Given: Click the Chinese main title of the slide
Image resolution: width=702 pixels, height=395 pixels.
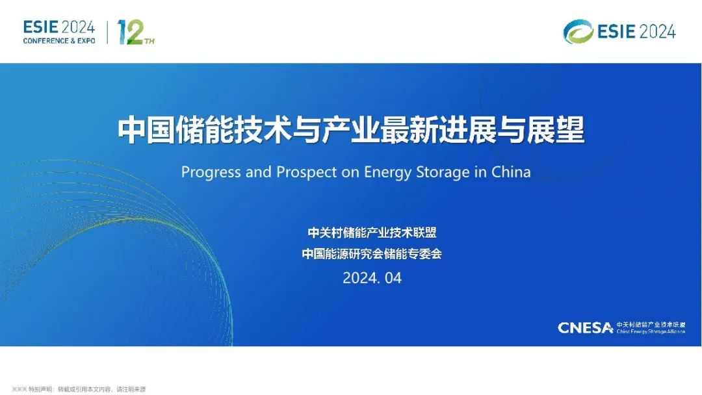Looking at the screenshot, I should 351,130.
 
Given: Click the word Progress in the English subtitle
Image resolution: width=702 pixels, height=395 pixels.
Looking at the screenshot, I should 209,172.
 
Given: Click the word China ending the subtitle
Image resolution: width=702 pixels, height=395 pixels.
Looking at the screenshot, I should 511,172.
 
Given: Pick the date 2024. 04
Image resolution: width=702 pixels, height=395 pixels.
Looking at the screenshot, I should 372,278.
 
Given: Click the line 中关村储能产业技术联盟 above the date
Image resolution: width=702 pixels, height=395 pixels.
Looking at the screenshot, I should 372,233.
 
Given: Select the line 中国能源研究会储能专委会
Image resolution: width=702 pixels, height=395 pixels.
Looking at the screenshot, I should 372,254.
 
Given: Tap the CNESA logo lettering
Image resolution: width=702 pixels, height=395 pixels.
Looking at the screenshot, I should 585,327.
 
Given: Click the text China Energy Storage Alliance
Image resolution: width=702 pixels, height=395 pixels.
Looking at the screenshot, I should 651,331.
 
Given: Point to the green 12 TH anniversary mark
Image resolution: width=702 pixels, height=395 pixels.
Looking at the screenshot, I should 135,32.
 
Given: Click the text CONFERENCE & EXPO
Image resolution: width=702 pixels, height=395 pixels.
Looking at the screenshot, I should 59,41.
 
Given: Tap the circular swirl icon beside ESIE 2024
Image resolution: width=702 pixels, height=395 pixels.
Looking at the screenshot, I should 578,31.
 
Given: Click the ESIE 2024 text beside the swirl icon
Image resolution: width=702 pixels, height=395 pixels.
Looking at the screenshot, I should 637,31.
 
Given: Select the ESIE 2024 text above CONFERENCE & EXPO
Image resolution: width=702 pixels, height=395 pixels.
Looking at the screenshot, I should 59,27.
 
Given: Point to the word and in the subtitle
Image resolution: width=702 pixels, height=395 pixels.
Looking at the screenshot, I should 259,172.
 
